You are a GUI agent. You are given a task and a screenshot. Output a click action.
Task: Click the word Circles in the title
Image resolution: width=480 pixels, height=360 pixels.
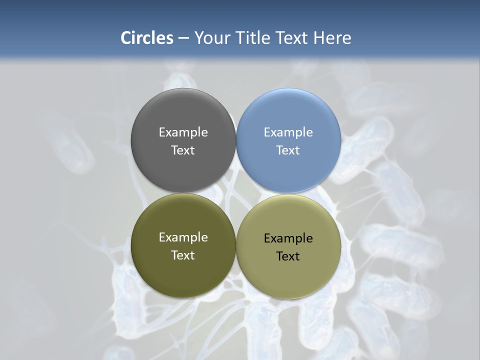[147, 38]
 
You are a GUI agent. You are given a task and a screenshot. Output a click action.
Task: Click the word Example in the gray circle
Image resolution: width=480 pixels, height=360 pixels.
[183, 132]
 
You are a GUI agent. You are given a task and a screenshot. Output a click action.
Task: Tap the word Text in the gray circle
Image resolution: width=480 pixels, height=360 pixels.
[183, 150]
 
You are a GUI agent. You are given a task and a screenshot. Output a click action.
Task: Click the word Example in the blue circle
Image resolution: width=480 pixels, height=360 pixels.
[288, 132]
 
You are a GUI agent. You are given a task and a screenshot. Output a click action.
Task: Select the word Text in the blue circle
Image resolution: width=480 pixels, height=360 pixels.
[288, 150]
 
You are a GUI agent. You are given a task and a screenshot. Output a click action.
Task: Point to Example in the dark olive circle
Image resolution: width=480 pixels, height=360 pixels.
[183, 237]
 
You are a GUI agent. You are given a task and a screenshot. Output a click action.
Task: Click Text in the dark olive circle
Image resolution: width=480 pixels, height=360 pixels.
[183, 255]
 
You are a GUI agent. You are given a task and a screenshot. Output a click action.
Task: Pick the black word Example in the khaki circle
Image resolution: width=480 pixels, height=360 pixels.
[288, 238]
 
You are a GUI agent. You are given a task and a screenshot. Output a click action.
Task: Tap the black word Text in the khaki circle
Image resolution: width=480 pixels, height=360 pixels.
[288, 256]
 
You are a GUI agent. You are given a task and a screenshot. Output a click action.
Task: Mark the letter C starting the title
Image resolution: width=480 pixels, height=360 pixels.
[126, 38]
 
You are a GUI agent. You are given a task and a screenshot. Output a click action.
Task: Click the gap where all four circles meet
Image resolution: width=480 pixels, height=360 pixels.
[236, 193]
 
